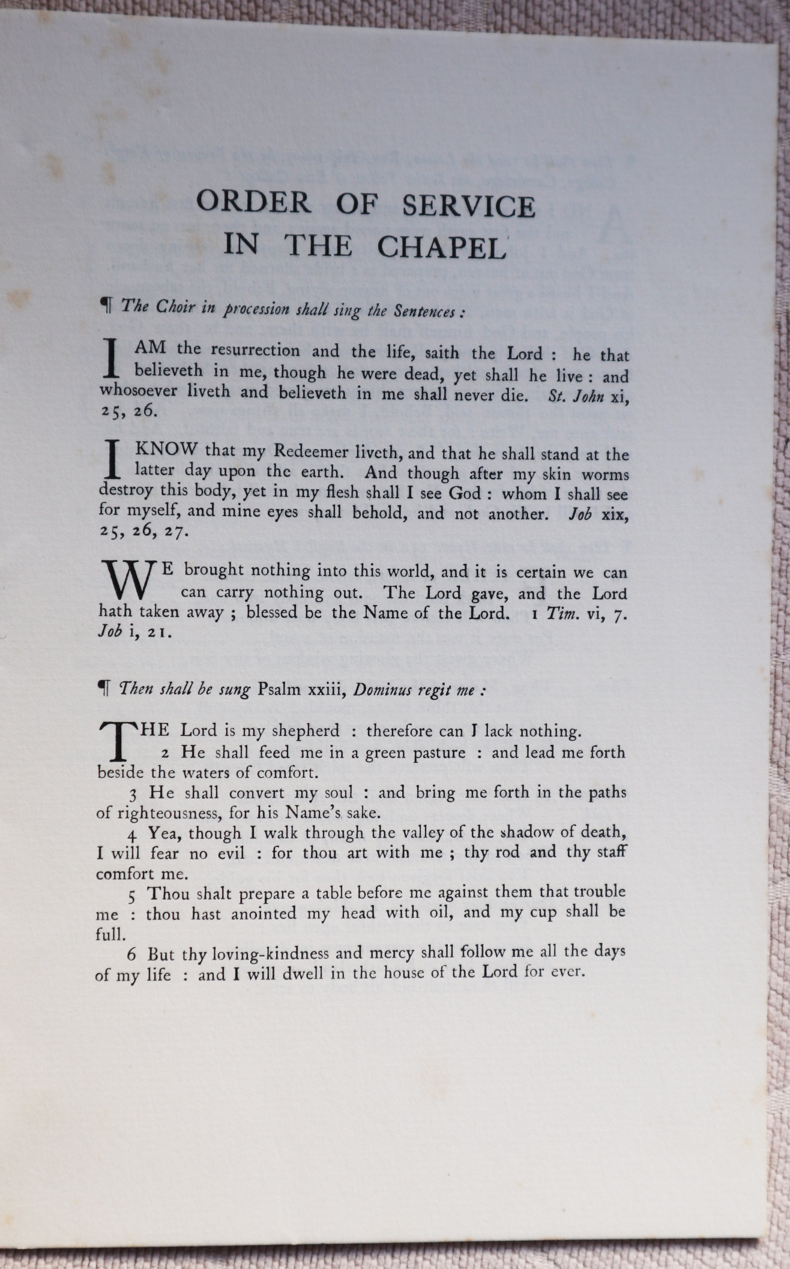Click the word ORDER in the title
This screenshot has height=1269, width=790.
(253, 203)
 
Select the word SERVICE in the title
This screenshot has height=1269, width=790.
(468, 205)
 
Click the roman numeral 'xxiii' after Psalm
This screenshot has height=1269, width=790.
(324, 689)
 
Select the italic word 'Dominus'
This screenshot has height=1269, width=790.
(384, 689)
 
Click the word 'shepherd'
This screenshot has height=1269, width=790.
(306, 731)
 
